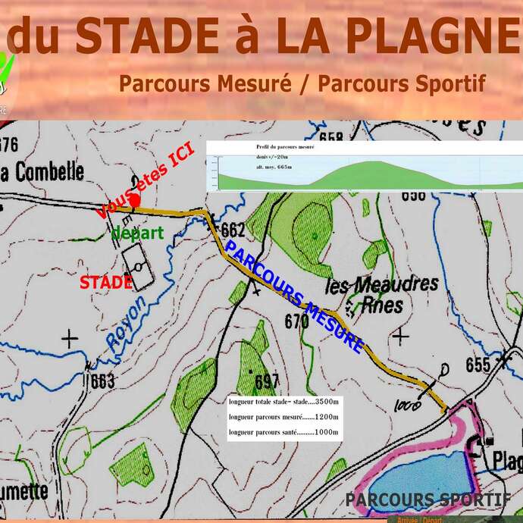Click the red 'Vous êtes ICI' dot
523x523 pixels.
tap(134, 201)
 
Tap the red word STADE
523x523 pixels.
tap(107, 282)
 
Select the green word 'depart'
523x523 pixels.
tap(137, 233)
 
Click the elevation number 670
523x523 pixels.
tap(296, 321)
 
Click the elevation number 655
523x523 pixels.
tap(478, 365)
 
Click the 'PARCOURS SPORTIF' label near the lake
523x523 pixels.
tap(427, 500)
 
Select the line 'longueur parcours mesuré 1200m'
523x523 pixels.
tap(284, 417)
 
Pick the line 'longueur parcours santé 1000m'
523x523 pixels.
tap(284, 432)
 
